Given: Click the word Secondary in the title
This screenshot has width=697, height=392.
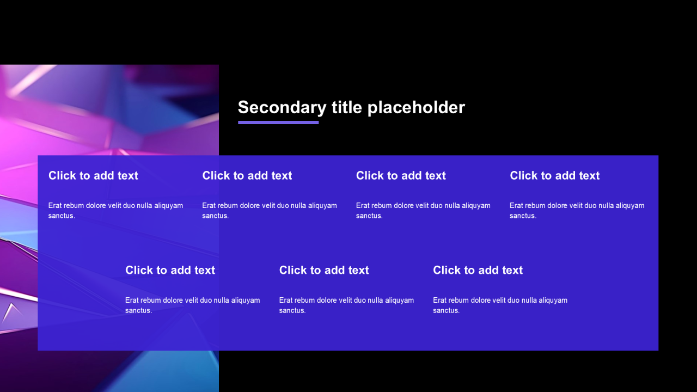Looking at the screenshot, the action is click(x=282, y=108).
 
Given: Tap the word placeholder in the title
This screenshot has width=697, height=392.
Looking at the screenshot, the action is click(x=416, y=108).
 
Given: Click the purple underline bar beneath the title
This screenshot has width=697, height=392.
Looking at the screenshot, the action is click(x=278, y=122).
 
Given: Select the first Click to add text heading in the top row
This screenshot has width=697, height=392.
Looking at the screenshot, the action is click(x=93, y=175).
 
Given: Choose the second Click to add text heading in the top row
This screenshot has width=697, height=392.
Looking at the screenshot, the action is click(x=247, y=175).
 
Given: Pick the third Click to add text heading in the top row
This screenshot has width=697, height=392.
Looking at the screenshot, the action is click(x=401, y=175).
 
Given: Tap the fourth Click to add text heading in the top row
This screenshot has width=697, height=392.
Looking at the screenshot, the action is click(x=554, y=175).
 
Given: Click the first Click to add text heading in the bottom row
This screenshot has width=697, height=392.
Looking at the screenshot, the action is click(x=170, y=270).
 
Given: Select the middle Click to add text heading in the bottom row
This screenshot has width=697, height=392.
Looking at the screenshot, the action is click(x=324, y=270).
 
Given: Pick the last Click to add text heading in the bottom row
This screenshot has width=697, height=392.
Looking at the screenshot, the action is click(x=478, y=270).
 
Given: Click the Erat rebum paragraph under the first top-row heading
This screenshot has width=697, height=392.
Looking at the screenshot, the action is click(x=115, y=211).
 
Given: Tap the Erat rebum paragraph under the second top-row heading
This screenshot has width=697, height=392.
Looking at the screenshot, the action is click(x=270, y=211).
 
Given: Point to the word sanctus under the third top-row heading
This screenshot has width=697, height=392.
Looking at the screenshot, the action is click(x=369, y=216).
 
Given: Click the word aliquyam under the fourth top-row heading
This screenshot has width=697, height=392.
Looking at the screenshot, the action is click(x=630, y=206).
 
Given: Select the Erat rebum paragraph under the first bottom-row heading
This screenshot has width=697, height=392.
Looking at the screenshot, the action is click(x=193, y=305).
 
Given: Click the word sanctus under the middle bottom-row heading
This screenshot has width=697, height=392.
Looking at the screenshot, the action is click(x=292, y=310).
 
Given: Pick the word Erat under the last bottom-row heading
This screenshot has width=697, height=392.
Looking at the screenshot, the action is click(x=439, y=300).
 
